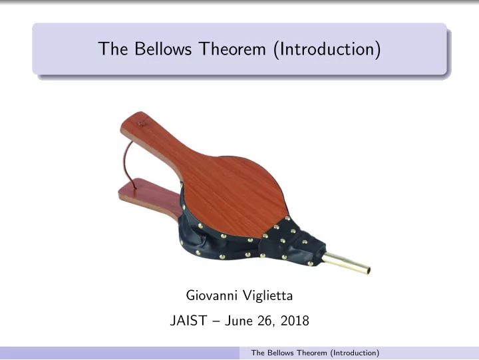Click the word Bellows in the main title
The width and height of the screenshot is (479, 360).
coord(163,49)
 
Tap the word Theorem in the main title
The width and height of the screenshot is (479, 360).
coord(232,49)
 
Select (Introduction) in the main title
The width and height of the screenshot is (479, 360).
coord(327,49)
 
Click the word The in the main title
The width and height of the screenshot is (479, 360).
coord(112,49)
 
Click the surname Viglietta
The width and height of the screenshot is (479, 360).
coord(268,295)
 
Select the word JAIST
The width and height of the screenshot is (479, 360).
coord(188,321)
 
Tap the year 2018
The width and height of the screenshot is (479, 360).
coord(295,321)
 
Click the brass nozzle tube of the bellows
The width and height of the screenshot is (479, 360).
coord(346,263)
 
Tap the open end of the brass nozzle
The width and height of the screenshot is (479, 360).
coord(368,270)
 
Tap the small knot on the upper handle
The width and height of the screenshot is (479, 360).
coord(140,123)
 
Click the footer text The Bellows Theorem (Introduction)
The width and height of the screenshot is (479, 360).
coord(315,353)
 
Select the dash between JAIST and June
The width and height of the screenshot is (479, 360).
coord(216,321)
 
